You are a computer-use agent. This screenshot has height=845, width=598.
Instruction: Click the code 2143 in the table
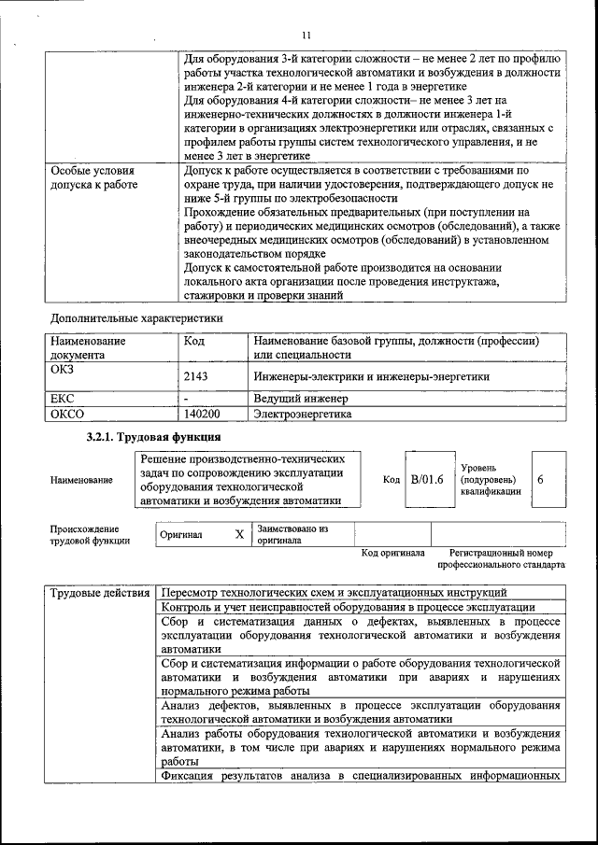click(200, 376)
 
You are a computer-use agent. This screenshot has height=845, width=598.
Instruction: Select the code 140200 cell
click(203, 412)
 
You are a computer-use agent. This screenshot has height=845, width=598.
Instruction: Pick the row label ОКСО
click(67, 412)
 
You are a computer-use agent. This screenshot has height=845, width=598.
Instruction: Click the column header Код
click(194, 342)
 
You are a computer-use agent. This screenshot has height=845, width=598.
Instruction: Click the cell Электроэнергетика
click(303, 412)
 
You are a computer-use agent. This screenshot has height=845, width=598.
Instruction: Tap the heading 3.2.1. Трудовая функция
click(153, 437)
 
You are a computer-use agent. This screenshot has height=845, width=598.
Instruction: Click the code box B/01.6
click(426, 479)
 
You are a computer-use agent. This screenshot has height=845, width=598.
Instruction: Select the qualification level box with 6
click(540, 479)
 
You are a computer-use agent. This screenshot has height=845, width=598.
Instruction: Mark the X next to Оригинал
click(239, 534)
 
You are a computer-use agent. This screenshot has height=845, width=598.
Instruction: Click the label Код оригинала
click(392, 553)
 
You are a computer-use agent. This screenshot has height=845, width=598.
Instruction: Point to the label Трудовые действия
click(99, 593)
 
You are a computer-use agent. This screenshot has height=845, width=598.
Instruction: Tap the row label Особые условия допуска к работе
click(93, 178)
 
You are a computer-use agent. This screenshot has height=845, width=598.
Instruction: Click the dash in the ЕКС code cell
click(187, 398)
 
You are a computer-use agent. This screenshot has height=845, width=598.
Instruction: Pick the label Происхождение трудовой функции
click(90, 534)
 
